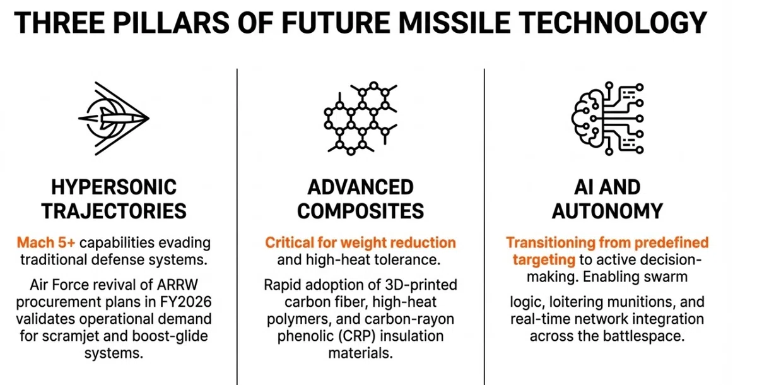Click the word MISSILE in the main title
(x=455, y=23)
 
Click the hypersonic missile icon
(x=114, y=118)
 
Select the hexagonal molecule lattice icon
(x=360, y=118)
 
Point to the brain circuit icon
(x=607, y=118)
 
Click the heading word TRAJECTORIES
(x=114, y=211)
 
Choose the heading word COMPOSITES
(x=360, y=211)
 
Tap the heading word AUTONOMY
(x=607, y=211)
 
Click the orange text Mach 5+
(x=46, y=243)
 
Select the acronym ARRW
(x=177, y=285)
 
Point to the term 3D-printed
(x=421, y=285)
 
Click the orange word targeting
(x=544, y=260)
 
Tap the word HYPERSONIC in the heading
(x=114, y=187)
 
